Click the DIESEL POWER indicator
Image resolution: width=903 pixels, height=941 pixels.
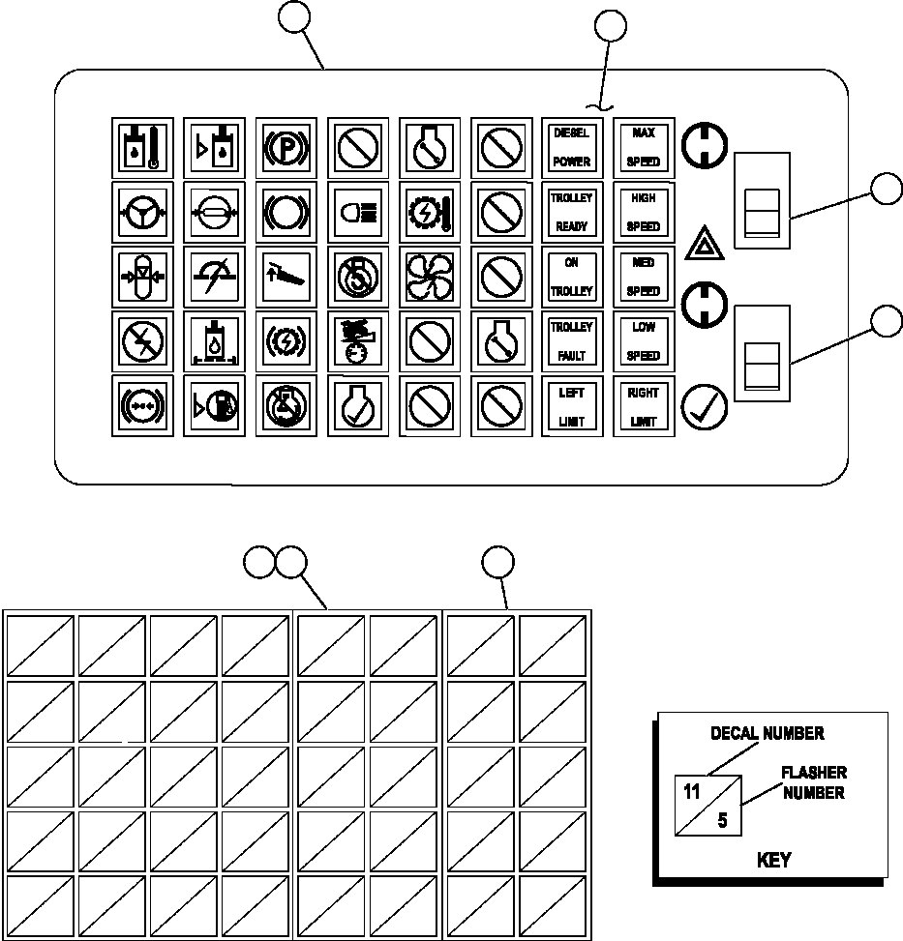[571, 147]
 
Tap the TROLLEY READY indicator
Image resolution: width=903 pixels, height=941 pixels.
[571, 211]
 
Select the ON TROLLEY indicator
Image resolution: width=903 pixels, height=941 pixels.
[571, 277]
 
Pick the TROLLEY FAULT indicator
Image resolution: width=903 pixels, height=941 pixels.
[571, 340]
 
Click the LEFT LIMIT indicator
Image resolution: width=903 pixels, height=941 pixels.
[571, 406]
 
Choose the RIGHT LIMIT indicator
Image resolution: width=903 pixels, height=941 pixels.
[643, 406]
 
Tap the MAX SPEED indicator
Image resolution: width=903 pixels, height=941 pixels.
[643, 147]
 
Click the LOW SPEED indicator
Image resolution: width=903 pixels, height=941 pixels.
[643, 340]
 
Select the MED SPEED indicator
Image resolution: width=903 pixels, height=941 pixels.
[643, 277]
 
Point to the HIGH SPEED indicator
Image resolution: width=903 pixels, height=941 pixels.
[643, 211]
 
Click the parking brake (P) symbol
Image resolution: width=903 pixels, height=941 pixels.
[285, 147]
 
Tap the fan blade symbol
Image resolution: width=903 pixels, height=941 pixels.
[428, 277]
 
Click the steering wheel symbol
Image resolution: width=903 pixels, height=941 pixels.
[141, 211]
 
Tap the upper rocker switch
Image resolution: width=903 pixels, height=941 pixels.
[762, 200]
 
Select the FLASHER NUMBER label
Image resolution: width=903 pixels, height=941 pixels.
[814, 782]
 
